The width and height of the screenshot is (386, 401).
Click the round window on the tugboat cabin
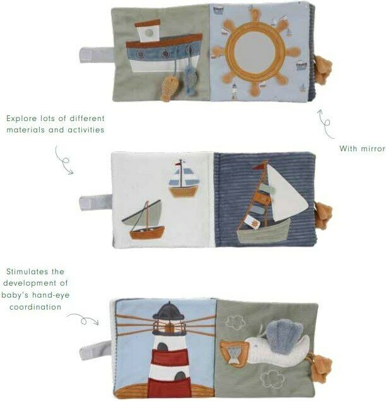[149, 33]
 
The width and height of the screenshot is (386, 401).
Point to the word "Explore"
[21, 119]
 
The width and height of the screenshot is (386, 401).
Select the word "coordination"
[35, 307]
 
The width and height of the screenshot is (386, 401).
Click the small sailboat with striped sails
[184, 178]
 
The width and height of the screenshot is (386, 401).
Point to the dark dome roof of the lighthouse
[168, 310]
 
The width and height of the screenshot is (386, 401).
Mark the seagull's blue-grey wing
[283, 332]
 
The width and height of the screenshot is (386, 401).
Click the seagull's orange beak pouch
[234, 353]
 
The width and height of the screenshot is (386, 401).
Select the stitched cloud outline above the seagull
[235, 322]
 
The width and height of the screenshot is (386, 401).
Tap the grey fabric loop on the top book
[96, 55]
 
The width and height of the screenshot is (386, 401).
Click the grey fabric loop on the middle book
[96, 202]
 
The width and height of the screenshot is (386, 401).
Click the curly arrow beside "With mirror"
[325, 124]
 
